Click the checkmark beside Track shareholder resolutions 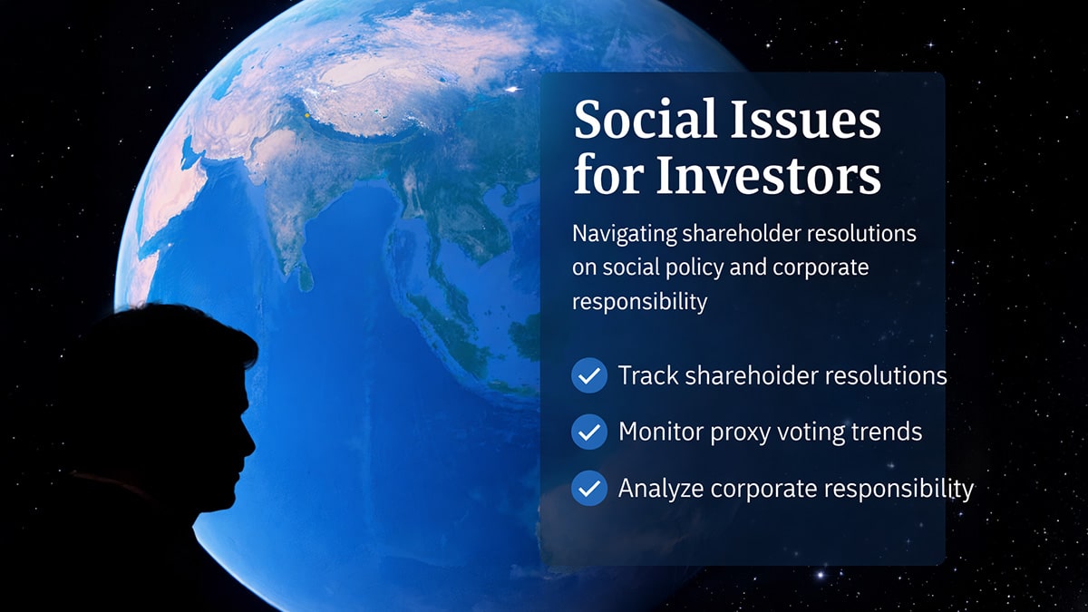pyautogui.click(x=589, y=375)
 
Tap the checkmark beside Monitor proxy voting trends pyautogui.click(x=589, y=432)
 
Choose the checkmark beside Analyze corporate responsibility pyautogui.click(x=589, y=489)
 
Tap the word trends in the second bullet pyautogui.click(x=886, y=432)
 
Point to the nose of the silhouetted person pyautogui.click(x=252, y=442)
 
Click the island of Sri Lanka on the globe pyautogui.click(x=306, y=275)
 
